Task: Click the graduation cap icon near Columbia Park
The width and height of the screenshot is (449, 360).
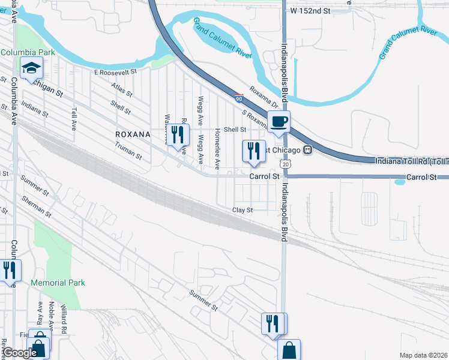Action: click(x=28, y=69)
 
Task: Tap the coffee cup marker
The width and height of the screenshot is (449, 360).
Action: click(x=279, y=122)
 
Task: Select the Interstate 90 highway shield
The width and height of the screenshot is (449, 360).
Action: click(x=240, y=98)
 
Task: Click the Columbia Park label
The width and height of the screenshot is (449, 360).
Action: click(x=28, y=52)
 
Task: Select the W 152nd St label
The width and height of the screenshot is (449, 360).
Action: click(x=310, y=11)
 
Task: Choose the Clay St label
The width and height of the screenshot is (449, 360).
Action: click(x=243, y=210)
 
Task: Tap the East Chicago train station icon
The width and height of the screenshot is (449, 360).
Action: click(x=307, y=149)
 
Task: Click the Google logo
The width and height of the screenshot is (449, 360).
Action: click(x=20, y=353)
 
